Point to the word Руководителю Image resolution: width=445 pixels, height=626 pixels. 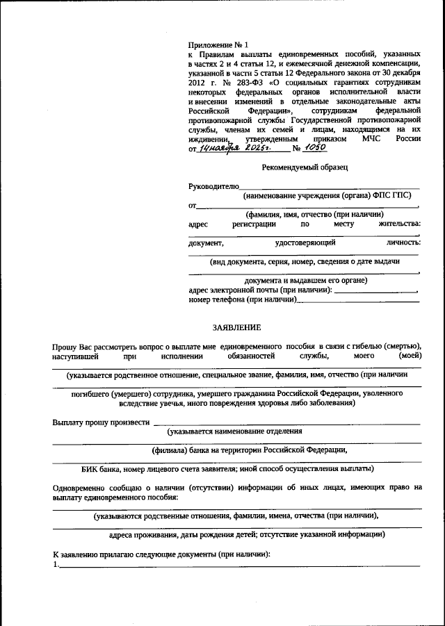tap(213, 186)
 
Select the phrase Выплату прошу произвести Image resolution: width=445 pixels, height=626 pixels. tap(101, 421)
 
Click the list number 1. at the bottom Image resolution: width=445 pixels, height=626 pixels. tap(56, 565)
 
